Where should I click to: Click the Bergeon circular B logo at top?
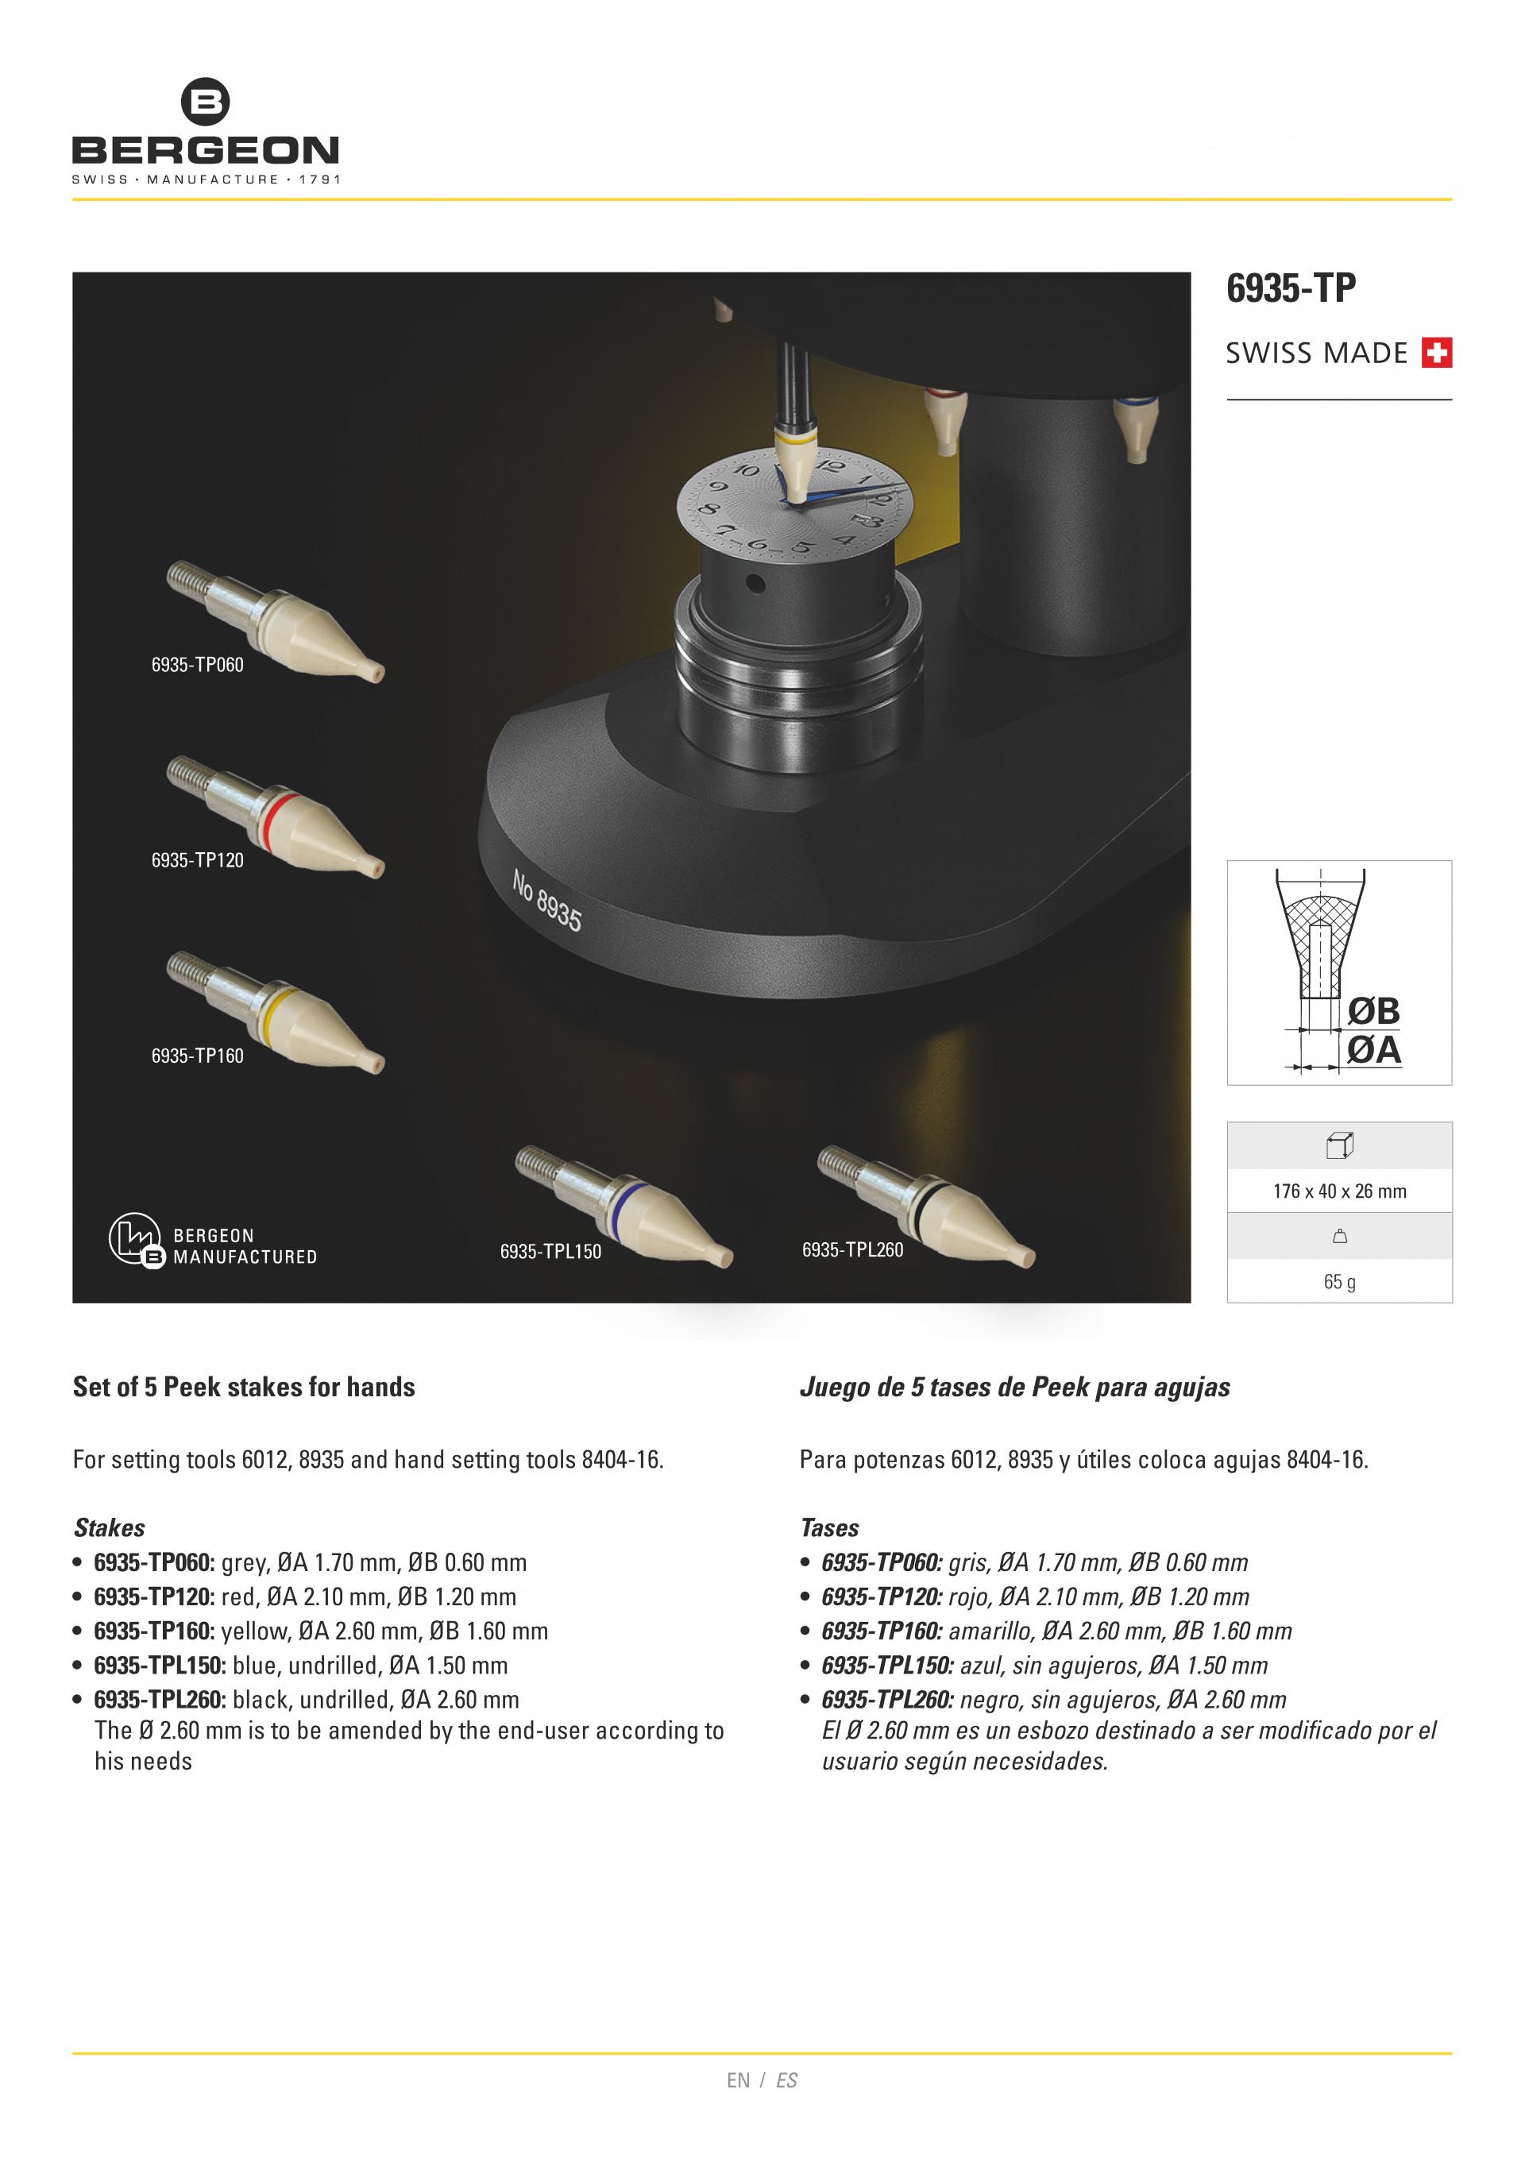(204, 101)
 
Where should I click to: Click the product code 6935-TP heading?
(1290, 288)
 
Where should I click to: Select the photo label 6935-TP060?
(197, 665)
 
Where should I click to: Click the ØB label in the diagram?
(1373, 1010)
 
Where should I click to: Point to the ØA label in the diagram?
(1373, 1049)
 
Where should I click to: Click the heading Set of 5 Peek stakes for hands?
(244, 1387)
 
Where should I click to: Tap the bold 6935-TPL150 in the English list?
(159, 1665)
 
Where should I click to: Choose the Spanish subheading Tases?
(829, 1527)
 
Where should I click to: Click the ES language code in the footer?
(786, 2080)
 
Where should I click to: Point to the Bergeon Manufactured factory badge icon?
(136, 1238)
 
